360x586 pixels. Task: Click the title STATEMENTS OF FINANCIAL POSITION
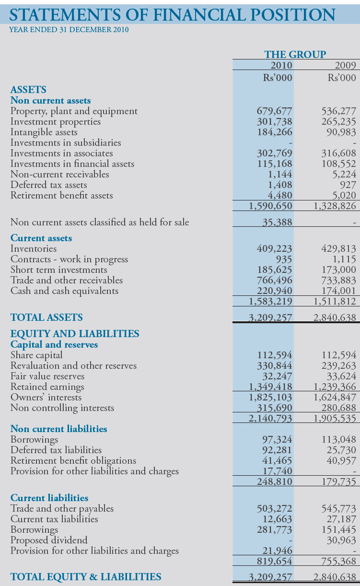(173, 15)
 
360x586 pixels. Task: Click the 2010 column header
(281, 66)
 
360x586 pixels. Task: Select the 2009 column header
(345, 66)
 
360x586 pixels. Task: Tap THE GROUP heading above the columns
(295, 55)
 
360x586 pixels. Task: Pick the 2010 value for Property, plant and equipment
(275, 111)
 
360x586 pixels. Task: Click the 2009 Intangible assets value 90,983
(342, 132)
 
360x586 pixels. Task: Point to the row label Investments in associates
(62, 153)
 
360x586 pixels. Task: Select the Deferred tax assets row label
(49, 185)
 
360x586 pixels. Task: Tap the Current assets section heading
(41, 238)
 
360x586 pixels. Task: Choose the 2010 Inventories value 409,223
(275, 249)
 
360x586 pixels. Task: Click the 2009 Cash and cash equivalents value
(338, 291)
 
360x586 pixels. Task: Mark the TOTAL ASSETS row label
(46, 317)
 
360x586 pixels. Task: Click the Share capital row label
(36, 355)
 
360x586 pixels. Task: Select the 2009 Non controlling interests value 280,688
(338, 408)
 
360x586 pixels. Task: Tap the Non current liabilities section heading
(59, 429)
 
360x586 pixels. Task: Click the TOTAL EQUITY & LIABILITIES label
(86, 577)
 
